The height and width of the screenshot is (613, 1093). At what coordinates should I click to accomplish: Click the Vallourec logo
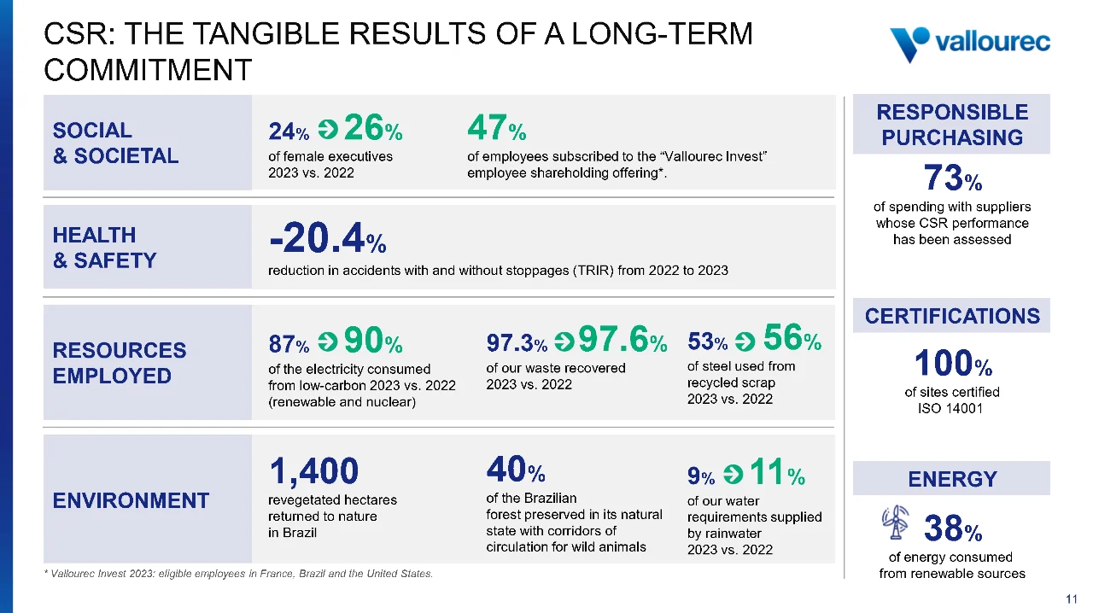click(x=970, y=44)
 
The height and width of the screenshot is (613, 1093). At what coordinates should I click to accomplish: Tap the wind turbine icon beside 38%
click(x=896, y=522)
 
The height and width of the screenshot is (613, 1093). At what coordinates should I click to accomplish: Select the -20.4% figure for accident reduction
click(x=327, y=237)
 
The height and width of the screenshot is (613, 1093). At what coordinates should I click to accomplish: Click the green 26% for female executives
click(x=373, y=127)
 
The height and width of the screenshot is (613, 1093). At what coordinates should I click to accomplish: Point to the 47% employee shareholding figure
click(x=497, y=127)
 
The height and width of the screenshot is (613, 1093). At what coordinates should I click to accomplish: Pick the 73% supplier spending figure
click(x=952, y=178)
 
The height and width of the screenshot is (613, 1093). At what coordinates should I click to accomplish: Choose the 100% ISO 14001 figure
click(x=952, y=363)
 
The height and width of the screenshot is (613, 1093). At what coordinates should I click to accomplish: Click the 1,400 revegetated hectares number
click(x=313, y=471)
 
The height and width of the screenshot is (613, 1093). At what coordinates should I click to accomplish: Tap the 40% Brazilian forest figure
click(x=515, y=469)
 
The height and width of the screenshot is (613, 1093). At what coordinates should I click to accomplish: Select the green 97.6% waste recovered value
click(x=623, y=339)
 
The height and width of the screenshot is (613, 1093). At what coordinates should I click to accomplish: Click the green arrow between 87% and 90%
click(x=328, y=342)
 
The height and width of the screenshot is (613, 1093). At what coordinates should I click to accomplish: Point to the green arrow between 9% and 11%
click(x=733, y=474)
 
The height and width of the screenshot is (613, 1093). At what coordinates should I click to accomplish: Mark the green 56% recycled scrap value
click(x=792, y=337)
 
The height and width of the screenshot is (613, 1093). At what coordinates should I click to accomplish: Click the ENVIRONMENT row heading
click(x=131, y=501)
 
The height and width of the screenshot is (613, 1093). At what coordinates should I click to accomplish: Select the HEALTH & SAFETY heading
click(x=104, y=248)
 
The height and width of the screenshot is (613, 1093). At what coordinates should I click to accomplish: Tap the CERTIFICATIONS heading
click(x=952, y=316)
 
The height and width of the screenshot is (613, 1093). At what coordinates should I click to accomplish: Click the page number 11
click(x=1072, y=598)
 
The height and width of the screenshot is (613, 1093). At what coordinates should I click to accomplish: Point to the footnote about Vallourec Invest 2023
click(x=238, y=574)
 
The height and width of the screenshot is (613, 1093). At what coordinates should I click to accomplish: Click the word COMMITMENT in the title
click(x=148, y=70)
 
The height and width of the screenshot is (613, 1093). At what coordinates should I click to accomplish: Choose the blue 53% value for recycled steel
click(x=708, y=342)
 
